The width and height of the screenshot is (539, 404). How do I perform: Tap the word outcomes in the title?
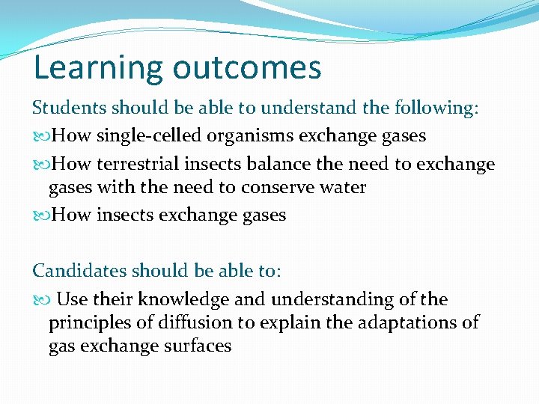pyautogui.click(x=248, y=67)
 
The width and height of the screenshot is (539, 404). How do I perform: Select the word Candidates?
pyautogui.click(x=78, y=271)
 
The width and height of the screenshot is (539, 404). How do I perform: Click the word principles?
pyautogui.click(x=88, y=323)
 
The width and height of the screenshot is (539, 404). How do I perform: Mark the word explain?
pyautogui.click(x=308, y=323)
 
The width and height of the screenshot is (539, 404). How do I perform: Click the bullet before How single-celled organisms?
pyautogui.click(x=42, y=137)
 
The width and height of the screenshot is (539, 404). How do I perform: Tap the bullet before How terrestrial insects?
pyautogui.click(x=42, y=165)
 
